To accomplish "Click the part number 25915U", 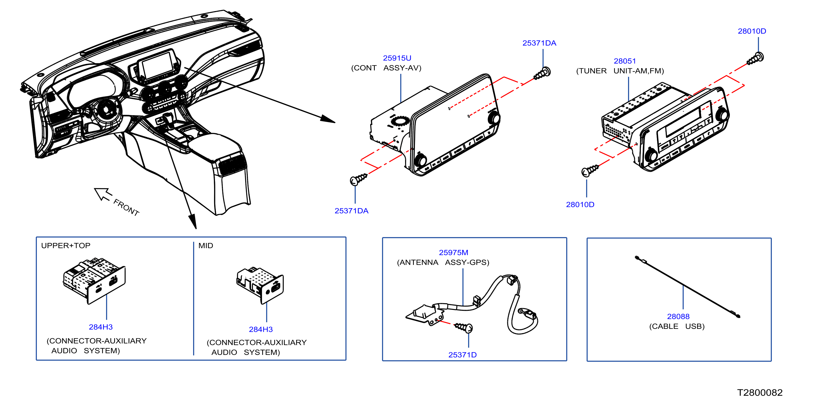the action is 397,58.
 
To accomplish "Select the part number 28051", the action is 625,61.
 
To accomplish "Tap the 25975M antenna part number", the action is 453,253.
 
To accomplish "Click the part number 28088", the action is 678,317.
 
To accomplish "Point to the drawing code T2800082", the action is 760,393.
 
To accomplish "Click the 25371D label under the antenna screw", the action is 462,355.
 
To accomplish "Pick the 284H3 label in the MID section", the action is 261,329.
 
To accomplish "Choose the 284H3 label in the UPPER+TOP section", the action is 101,327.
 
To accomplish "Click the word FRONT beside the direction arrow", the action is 126,207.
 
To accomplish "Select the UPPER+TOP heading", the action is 66,246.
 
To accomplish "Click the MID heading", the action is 206,246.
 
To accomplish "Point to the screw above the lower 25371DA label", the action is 359,179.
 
